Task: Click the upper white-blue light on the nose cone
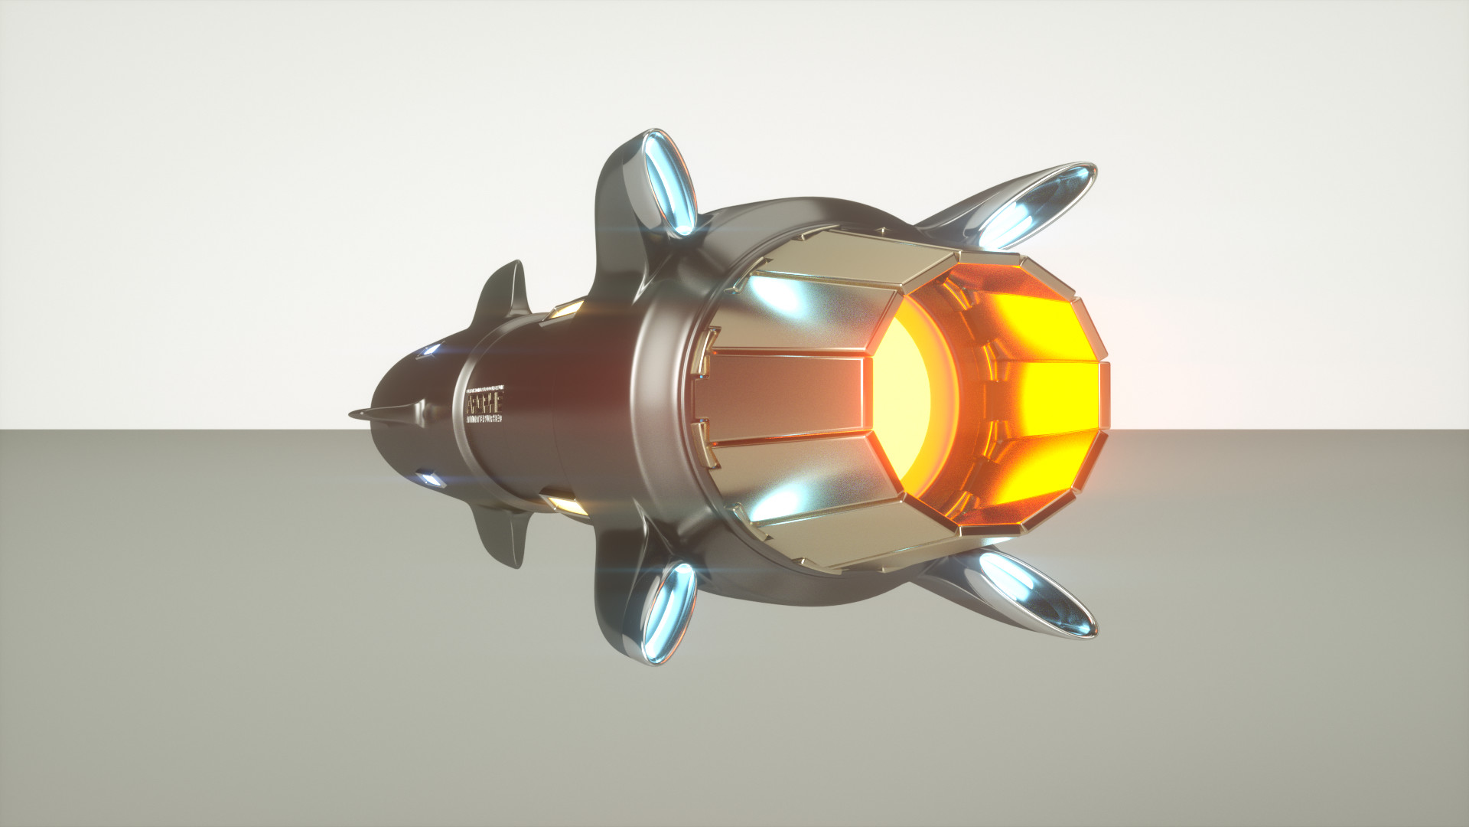(x=428, y=351)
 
